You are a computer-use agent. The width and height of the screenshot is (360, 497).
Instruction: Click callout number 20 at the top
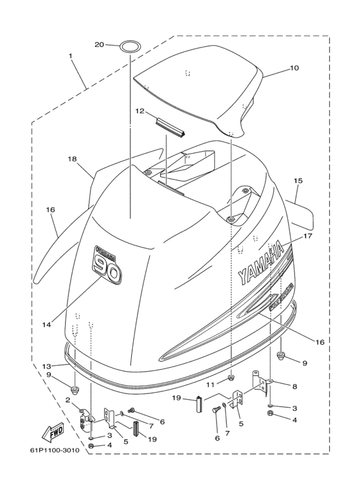[99, 44]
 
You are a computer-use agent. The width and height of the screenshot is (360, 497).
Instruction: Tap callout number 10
[294, 67]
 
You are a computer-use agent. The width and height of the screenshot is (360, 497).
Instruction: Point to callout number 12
[140, 111]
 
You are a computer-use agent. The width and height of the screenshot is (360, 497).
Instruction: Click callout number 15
[298, 181]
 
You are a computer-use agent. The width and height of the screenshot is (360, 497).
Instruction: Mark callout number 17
[307, 236]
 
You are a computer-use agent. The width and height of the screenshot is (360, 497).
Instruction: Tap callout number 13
[46, 366]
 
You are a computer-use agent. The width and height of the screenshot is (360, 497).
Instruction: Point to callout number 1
[70, 56]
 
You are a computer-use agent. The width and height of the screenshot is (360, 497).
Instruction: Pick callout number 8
[294, 386]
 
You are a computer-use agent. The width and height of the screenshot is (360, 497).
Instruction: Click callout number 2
[67, 399]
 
